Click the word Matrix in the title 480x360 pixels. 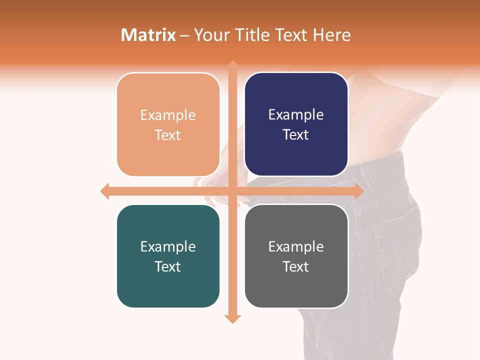(148, 35)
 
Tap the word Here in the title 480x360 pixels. (332, 35)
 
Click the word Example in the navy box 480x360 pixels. (296, 115)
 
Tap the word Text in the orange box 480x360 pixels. (168, 135)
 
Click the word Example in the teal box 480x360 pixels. (168, 246)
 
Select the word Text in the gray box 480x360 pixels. (296, 266)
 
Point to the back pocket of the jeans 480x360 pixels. (397, 235)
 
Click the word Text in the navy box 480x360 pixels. (296, 135)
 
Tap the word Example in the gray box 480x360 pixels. (296, 246)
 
